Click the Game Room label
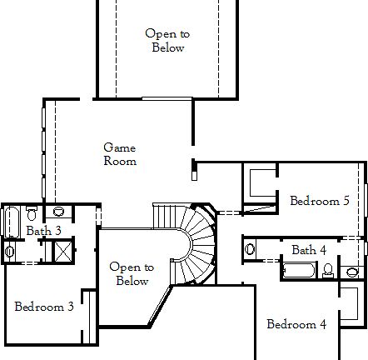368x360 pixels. (x=120, y=154)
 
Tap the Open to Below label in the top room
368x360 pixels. (x=167, y=41)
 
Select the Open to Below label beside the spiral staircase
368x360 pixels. (x=132, y=274)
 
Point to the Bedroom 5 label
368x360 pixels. (x=314, y=201)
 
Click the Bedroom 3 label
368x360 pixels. (x=44, y=307)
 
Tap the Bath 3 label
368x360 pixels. (x=43, y=231)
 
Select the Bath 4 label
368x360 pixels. (x=308, y=250)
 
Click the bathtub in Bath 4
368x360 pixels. (x=300, y=269)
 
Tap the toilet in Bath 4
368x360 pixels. (x=329, y=268)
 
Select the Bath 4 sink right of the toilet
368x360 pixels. (x=351, y=271)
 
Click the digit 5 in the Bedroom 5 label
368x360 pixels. (x=345, y=201)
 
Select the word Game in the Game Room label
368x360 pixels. (x=120, y=147)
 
